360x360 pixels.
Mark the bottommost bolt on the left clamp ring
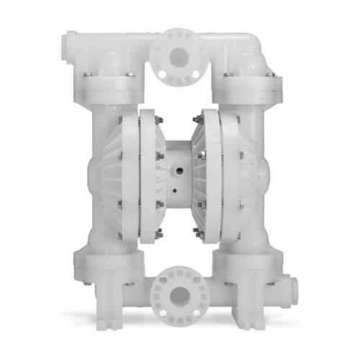point(156,233)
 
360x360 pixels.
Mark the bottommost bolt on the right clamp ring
point(195,232)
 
